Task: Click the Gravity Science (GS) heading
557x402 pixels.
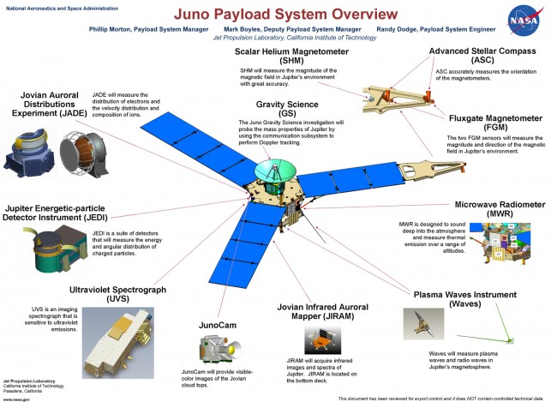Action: click(282, 110)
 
